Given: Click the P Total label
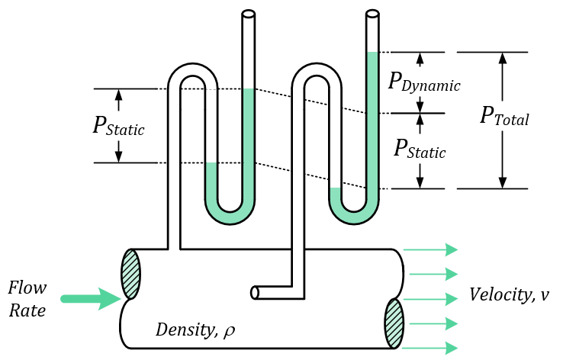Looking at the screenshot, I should (504, 116).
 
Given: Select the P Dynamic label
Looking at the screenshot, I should (424, 82).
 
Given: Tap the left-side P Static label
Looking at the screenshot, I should (118, 126).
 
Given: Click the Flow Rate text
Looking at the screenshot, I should (27, 299).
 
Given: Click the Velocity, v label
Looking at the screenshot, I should (508, 294).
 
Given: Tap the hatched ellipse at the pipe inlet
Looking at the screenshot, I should (131, 274).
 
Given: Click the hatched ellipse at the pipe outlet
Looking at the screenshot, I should (394, 323).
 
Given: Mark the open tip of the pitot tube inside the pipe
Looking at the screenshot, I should (255, 292).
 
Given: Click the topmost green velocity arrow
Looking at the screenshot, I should (430, 249).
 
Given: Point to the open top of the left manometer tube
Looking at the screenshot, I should (248, 13).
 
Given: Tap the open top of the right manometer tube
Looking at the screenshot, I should (372, 13).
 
